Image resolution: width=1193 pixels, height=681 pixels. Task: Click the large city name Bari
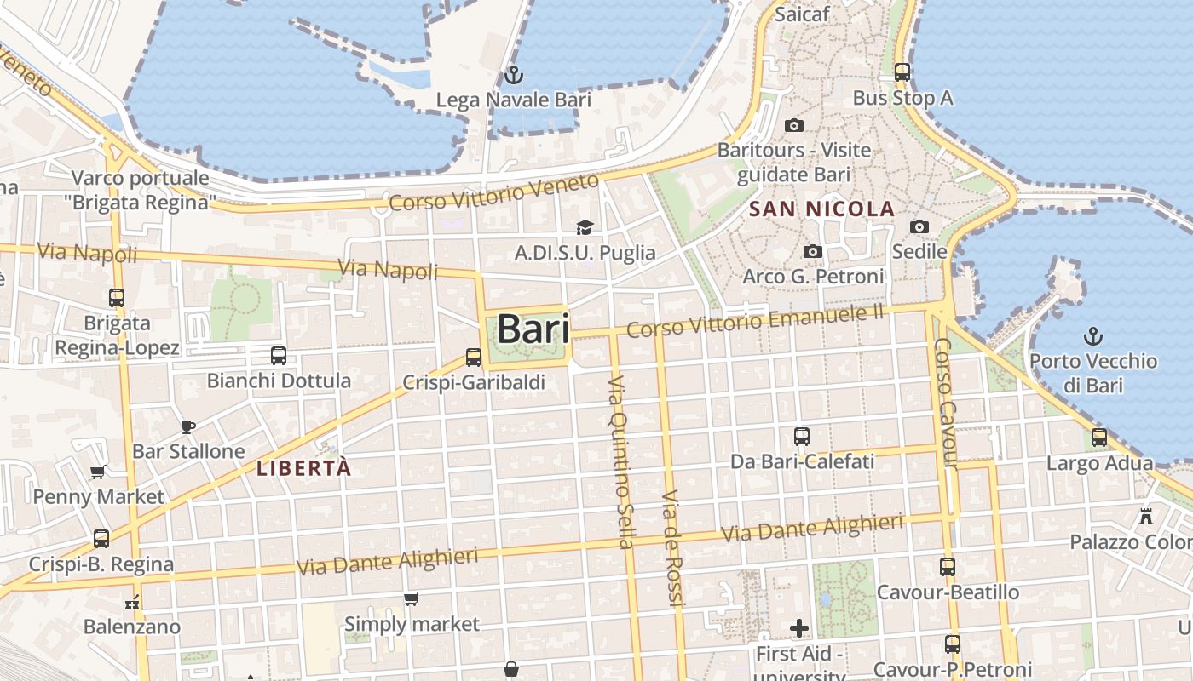pyautogui.click(x=533, y=329)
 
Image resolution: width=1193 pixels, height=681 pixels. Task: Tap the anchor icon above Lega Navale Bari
pyautogui.click(x=513, y=75)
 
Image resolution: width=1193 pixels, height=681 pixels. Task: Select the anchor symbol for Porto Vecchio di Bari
pyautogui.click(x=1092, y=335)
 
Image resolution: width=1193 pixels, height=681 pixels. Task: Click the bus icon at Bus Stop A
pyautogui.click(x=902, y=72)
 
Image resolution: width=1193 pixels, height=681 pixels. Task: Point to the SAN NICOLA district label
pyautogui.click(x=821, y=209)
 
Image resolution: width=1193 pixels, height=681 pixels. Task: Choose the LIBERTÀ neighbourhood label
pyautogui.click(x=303, y=468)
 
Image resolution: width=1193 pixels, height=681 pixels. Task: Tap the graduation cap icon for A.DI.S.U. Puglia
pyautogui.click(x=585, y=227)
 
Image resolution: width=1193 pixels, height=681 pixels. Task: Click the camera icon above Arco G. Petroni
pyautogui.click(x=813, y=252)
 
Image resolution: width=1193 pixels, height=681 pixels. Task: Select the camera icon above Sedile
pyautogui.click(x=919, y=226)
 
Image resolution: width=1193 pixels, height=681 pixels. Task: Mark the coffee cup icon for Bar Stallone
pyautogui.click(x=188, y=426)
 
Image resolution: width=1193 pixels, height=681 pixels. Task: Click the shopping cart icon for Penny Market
pyautogui.click(x=98, y=472)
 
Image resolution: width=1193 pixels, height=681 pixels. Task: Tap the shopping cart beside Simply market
pyautogui.click(x=412, y=599)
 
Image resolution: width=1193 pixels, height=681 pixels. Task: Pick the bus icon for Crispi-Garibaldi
pyautogui.click(x=474, y=358)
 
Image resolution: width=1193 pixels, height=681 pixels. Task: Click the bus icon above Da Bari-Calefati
pyautogui.click(x=802, y=437)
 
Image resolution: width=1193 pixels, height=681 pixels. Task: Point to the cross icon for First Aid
pyautogui.click(x=798, y=628)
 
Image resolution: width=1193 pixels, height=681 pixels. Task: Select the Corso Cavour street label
pyautogui.click(x=946, y=403)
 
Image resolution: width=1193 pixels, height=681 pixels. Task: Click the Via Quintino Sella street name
pyautogui.click(x=621, y=461)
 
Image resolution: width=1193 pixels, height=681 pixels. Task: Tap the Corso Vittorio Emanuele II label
pyautogui.click(x=755, y=320)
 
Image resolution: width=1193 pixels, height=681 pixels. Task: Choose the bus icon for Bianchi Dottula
pyautogui.click(x=278, y=355)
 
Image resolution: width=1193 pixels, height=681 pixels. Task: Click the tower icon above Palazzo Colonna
pyautogui.click(x=1146, y=516)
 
